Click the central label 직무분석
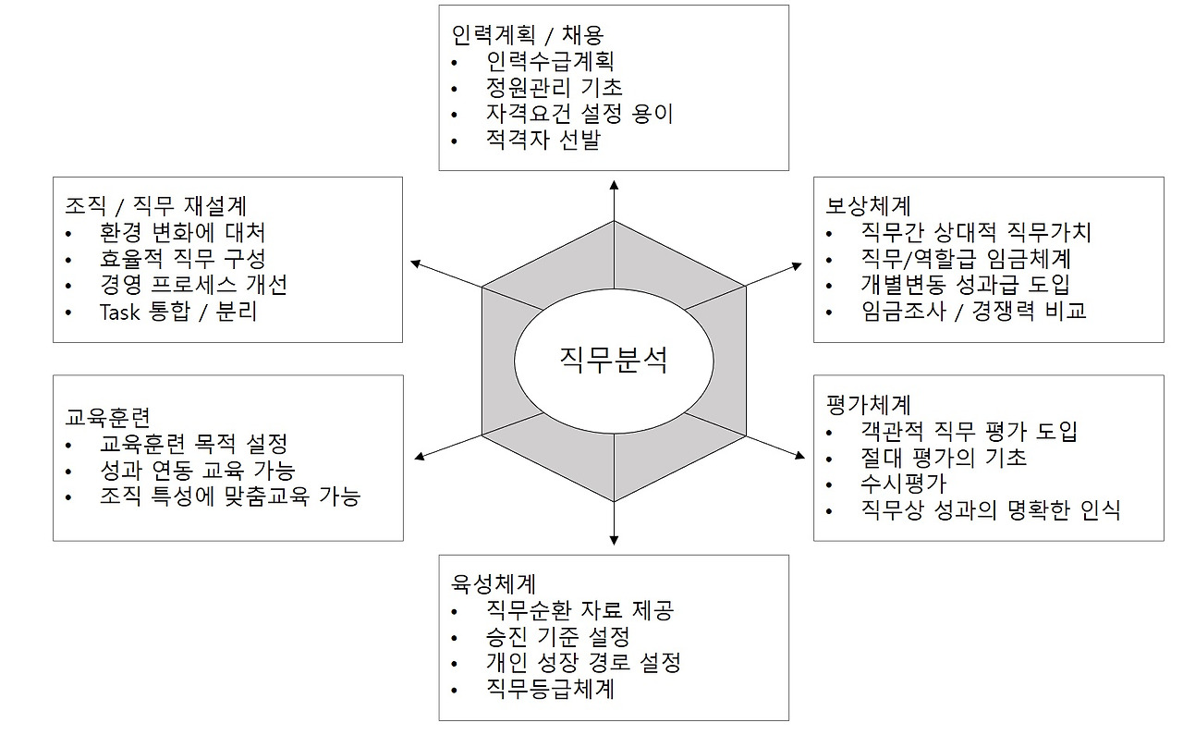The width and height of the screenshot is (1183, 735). [613, 359]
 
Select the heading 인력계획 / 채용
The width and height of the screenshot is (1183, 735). [529, 35]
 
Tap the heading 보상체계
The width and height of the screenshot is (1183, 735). [868, 205]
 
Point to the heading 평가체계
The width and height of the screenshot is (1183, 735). [868, 404]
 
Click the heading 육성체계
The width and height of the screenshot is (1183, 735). [494, 584]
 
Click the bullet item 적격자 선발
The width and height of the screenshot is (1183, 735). [543, 141]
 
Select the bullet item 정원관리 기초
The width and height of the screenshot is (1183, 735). [555, 88]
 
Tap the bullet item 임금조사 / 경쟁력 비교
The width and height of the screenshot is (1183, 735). [973, 311]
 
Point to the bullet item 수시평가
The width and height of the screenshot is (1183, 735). [903, 483]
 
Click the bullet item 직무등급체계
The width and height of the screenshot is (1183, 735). [550, 689]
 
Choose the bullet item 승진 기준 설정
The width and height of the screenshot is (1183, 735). [557, 636]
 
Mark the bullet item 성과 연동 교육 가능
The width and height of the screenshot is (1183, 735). [197, 470]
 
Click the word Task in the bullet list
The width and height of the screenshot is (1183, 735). [120, 312]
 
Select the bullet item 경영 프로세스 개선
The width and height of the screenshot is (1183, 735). [193, 285]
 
